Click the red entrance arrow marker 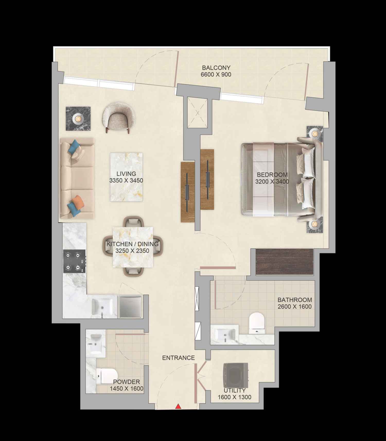[178, 407]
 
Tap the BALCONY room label [216, 68]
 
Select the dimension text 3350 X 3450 [126, 181]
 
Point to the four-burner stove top [74, 261]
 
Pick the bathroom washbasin [225, 335]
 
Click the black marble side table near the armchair [78, 119]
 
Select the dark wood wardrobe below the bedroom [284, 262]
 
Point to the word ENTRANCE [178, 358]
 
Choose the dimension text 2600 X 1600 [294, 307]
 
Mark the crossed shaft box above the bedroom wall [197, 113]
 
